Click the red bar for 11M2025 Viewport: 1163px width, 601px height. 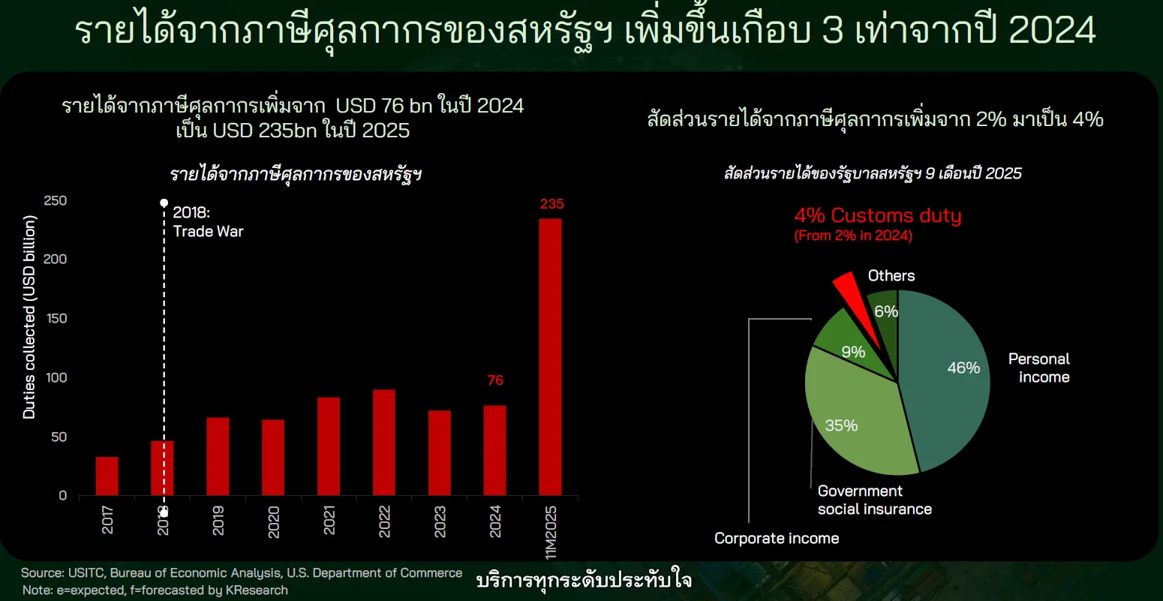550,357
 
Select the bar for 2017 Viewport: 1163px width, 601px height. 107,476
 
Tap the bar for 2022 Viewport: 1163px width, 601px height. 384,443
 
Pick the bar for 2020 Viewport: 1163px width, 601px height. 273,457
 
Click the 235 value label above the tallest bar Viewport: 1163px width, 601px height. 551,204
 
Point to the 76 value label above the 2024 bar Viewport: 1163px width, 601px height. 495,380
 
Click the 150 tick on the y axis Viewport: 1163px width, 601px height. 56,318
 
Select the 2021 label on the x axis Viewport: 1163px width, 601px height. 329,521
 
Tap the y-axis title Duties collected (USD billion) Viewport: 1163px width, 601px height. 29,317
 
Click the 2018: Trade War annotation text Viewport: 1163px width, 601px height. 208,221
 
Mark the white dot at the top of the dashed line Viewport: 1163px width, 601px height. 164,203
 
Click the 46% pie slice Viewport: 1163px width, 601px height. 942,379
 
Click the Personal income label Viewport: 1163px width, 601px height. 1039,368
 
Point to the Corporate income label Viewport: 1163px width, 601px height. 777,538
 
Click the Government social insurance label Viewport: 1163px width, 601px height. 875,500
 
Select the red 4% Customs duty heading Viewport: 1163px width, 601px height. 878,215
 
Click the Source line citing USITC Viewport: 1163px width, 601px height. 242,572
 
